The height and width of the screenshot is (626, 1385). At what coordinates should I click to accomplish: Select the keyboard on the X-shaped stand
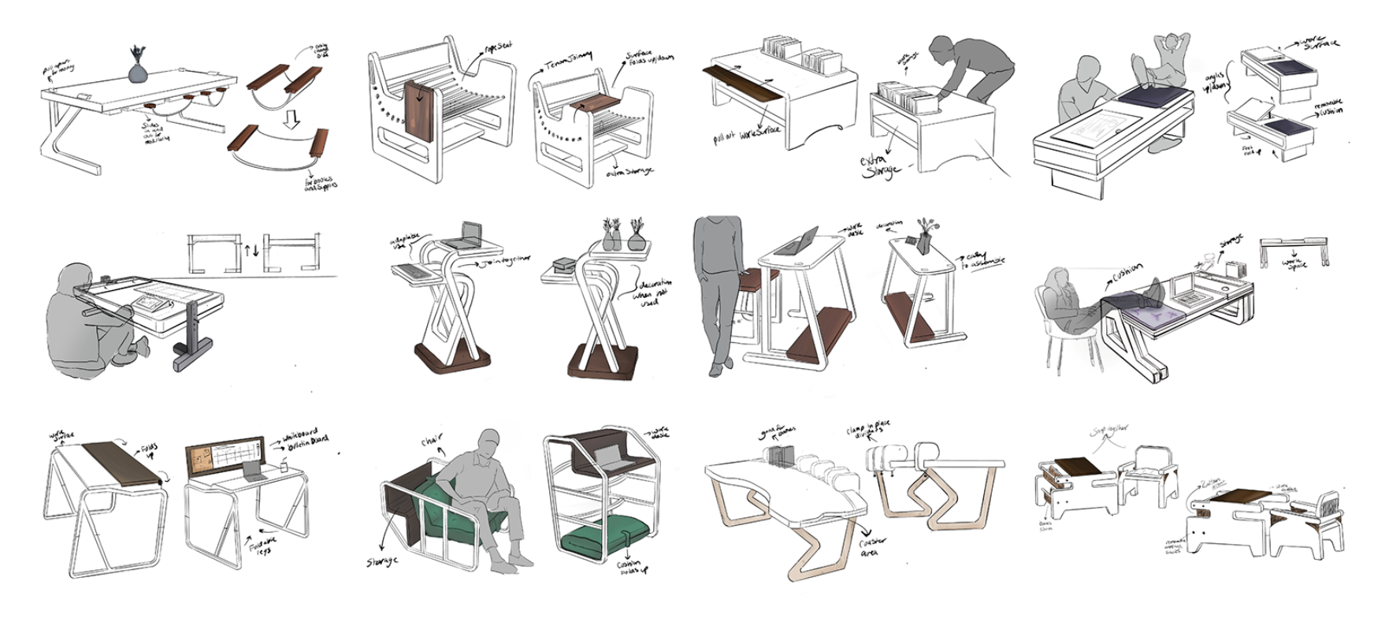(418, 270)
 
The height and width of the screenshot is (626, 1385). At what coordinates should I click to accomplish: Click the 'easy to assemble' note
(985, 260)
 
